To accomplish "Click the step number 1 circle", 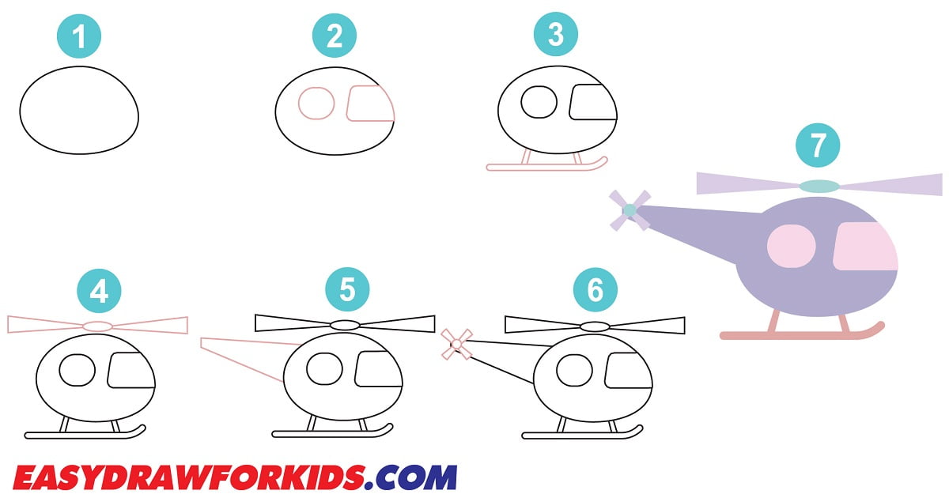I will click(x=79, y=37).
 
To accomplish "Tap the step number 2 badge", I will click(x=335, y=36).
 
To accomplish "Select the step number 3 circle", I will click(x=556, y=36).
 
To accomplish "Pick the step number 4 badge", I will click(x=99, y=292).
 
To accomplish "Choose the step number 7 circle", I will click(x=818, y=145).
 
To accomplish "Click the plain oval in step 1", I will click(x=79, y=111).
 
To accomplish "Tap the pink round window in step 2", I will click(x=316, y=104).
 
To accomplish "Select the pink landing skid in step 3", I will click(x=546, y=167).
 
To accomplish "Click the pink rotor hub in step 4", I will click(x=98, y=326).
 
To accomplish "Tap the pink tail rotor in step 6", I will click(x=456, y=344).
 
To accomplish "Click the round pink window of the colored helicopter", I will click(x=792, y=245).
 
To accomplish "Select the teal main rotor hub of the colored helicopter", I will click(x=819, y=186).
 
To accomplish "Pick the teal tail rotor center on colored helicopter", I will click(x=630, y=210).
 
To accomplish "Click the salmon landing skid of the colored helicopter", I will click(x=799, y=335).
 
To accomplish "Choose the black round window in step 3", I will click(x=540, y=101).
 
